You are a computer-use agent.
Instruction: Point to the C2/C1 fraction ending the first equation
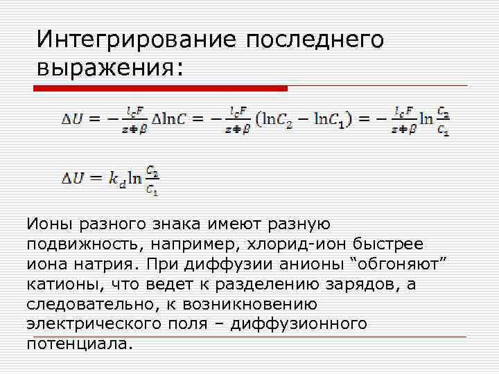tap(444, 119)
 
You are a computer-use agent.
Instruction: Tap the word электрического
tap(98, 324)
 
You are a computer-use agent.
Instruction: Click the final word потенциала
tap(78, 344)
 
